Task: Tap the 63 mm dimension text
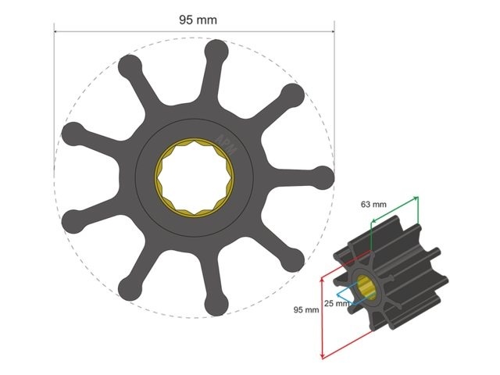coord(373,205)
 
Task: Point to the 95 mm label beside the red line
coord(305,309)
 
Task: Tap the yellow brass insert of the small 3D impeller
coord(367,290)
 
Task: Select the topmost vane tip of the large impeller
coord(216,52)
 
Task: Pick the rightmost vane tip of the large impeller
coord(322,175)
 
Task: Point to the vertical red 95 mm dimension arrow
coord(322,316)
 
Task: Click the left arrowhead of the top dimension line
coord(56,32)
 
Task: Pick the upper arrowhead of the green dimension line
coord(417,198)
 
